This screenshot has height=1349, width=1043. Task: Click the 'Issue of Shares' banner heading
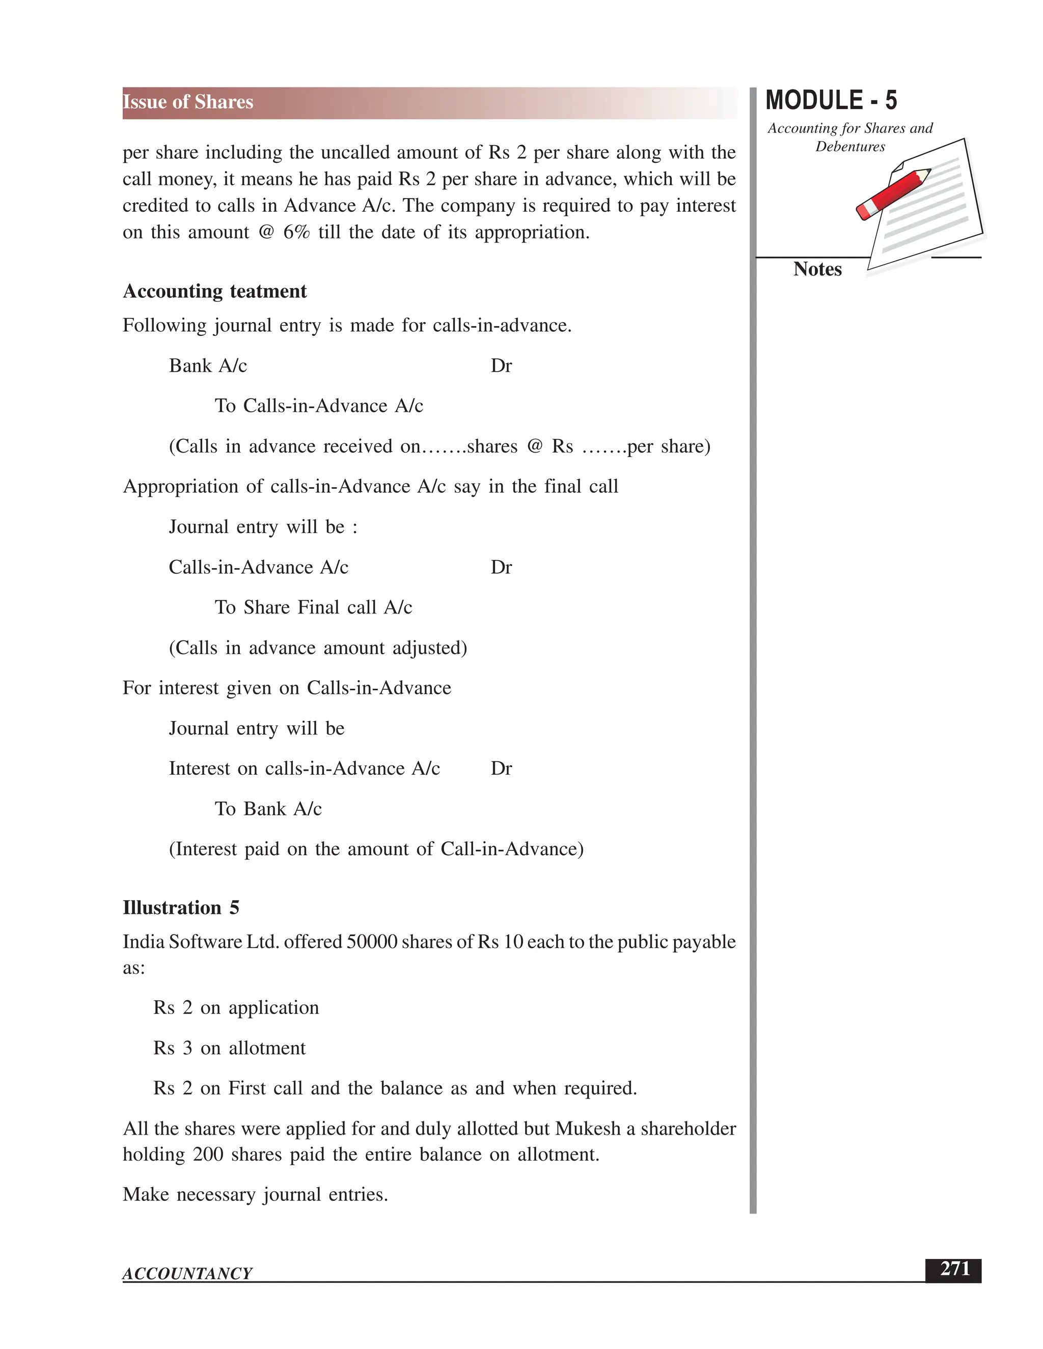pyautogui.click(x=188, y=102)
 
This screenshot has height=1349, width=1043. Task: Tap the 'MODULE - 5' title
pyautogui.click(x=831, y=101)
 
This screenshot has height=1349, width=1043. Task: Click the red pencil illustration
pyautogui.click(x=892, y=193)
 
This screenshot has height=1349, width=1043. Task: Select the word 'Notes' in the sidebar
pyautogui.click(x=817, y=269)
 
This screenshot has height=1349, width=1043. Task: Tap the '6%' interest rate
pyautogui.click(x=296, y=232)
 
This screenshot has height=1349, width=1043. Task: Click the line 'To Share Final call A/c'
pyautogui.click(x=313, y=607)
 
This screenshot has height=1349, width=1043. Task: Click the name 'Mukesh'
pyautogui.click(x=588, y=1129)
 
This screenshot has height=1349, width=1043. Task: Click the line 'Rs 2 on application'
pyautogui.click(x=236, y=1007)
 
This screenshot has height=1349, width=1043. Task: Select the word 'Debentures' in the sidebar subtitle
pyautogui.click(x=849, y=147)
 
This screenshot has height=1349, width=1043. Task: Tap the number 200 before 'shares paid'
pyautogui.click(x=208, y=1155)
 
